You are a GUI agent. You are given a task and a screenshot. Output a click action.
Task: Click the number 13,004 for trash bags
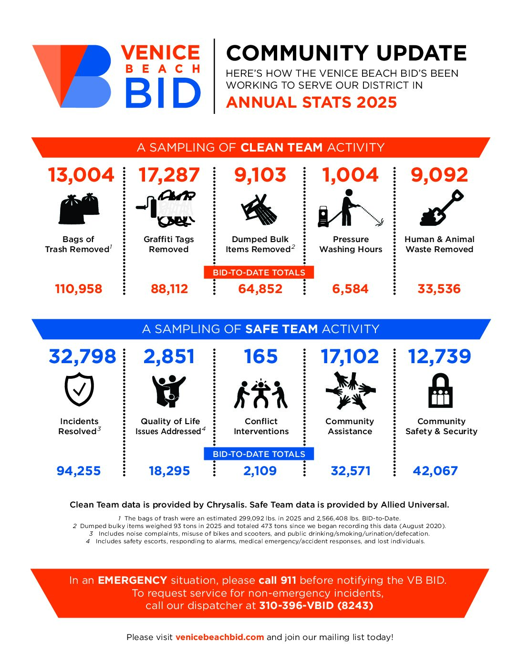point(81,175)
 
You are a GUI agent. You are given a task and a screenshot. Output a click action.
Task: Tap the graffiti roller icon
point(169,208)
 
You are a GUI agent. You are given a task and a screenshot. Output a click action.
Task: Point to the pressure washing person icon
point(350,208)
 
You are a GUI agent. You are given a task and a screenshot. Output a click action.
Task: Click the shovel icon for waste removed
point(441,208)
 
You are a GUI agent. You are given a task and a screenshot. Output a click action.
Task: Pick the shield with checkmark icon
point(79,389)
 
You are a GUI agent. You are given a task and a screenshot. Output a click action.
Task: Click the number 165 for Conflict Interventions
point(260,356)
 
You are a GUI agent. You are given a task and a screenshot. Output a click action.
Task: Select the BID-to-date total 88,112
point(169,289)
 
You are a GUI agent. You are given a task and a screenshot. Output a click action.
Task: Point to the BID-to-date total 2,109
point(260,471)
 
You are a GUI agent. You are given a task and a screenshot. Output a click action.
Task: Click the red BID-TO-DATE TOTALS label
point(259,273)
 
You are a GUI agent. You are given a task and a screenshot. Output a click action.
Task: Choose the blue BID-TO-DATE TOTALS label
point(259,454)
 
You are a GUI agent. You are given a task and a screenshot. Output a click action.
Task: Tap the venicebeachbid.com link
point(219,637)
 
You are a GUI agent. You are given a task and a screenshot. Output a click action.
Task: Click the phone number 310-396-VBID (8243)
point(316,606)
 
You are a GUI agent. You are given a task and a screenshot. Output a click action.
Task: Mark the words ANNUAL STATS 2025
point(311,102)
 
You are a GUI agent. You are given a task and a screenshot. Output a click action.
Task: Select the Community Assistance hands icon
point(351,390)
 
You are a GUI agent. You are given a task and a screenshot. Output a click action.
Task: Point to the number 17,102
point(350,356)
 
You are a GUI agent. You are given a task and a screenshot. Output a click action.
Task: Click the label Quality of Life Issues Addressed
point(170,426)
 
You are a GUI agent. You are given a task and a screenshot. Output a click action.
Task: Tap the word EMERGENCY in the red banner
point(132,580)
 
